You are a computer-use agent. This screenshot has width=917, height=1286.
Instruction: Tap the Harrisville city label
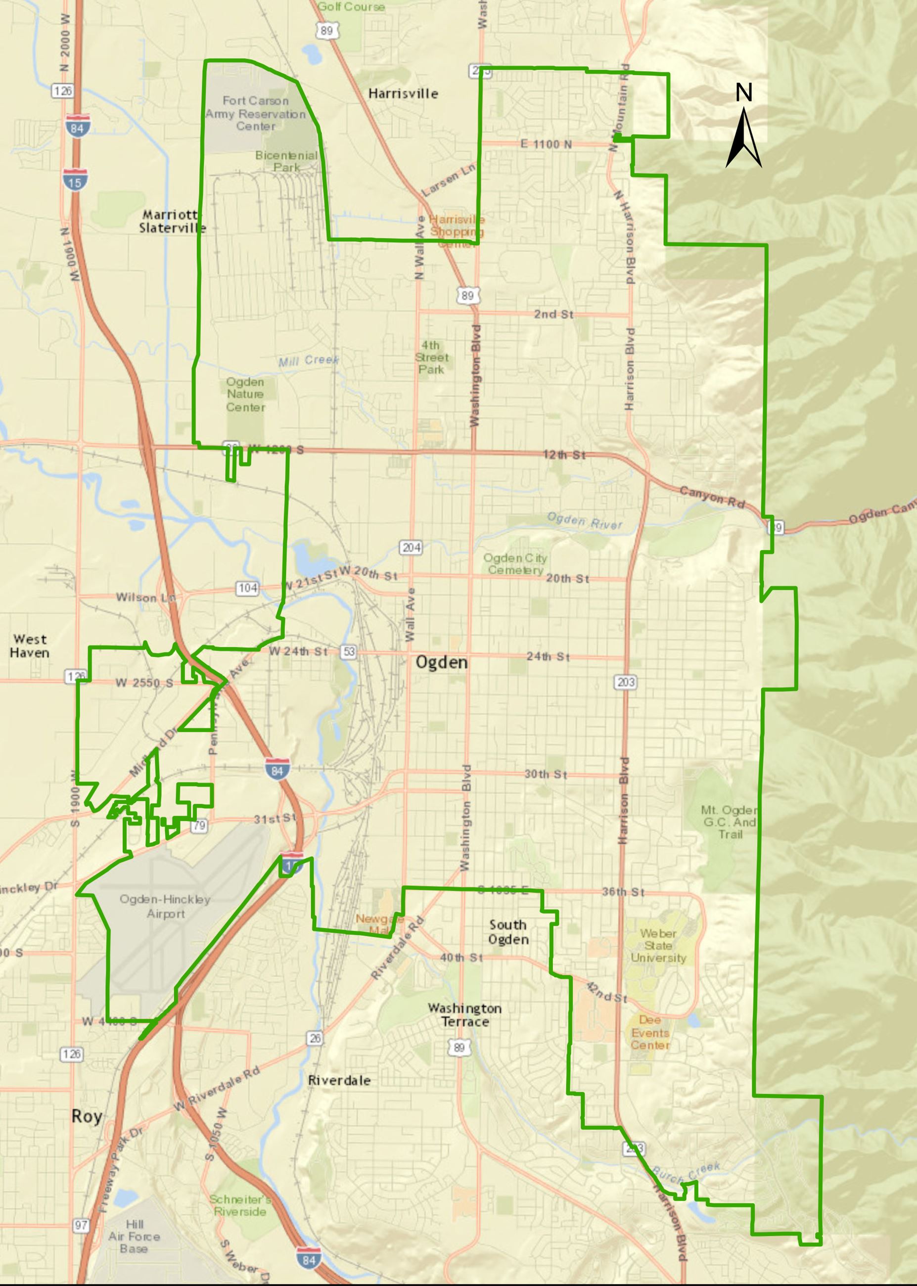(x=403, y=93)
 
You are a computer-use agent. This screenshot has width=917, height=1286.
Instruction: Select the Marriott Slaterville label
(x=172, y=221)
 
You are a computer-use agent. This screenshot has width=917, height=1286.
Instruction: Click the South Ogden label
(x=508, y=932)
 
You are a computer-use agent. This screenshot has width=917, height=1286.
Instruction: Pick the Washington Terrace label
(x=465, y=1014)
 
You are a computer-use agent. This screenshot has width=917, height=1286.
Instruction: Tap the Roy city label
(x=87, y=1116)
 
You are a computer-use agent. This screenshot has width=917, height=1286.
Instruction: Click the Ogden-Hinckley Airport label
(x=165, y=906)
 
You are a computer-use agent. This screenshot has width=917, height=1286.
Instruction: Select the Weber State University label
(x=658, y=946)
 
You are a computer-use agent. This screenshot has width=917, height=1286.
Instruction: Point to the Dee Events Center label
(x=650, y=1033)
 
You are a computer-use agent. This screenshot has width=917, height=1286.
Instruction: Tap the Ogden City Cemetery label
(x=515, y=564)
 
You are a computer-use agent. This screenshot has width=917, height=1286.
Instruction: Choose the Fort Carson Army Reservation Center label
(x=256, y=113)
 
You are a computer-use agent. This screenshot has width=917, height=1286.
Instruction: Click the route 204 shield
(x=411, y=547)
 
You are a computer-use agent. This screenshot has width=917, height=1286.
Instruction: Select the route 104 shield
(x=247, y=588)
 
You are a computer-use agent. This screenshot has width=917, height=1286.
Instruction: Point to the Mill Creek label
(x=308, y=361)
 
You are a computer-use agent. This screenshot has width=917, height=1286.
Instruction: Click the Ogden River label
(x=585, y=521)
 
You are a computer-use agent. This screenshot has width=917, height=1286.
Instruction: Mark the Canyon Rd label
(x=711, y=497)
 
